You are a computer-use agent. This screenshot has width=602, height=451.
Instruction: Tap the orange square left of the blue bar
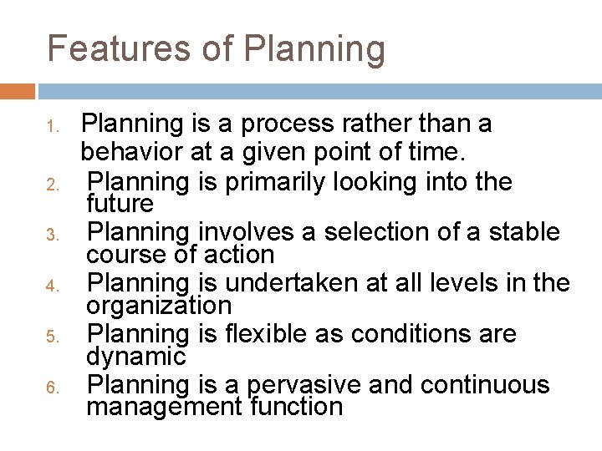(18, 91)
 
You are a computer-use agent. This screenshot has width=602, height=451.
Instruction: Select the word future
(120, 204)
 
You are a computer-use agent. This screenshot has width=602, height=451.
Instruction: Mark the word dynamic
(135, 357)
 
